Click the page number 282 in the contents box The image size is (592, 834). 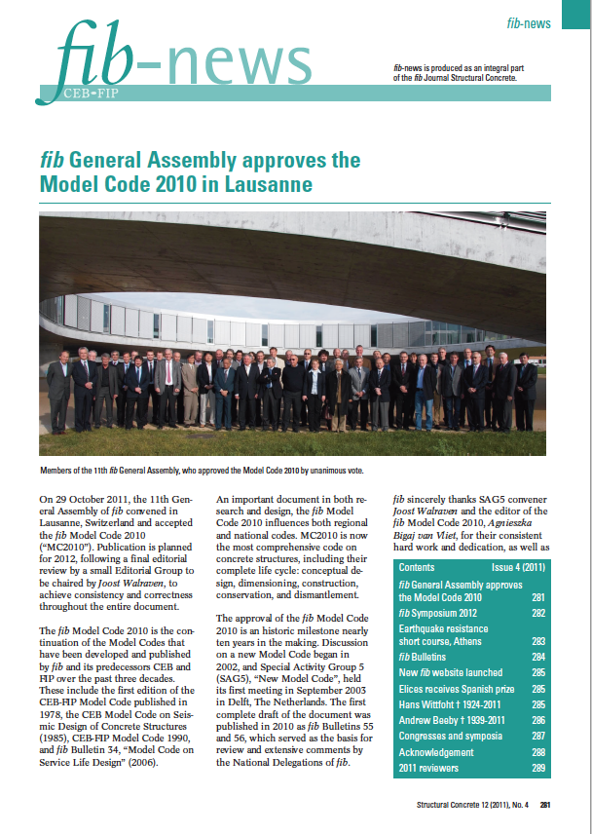[537, 613]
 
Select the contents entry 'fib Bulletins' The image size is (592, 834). [426, 658]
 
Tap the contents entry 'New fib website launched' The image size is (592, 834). [450, 672]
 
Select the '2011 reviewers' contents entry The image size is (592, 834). [431, 769]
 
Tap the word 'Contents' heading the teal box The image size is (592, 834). [417, 567]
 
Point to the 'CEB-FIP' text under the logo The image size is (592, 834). [94, 96]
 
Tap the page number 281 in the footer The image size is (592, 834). [546, 805]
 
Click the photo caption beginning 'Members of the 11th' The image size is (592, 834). [204, 470]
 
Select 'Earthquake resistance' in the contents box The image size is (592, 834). [443, 628]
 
